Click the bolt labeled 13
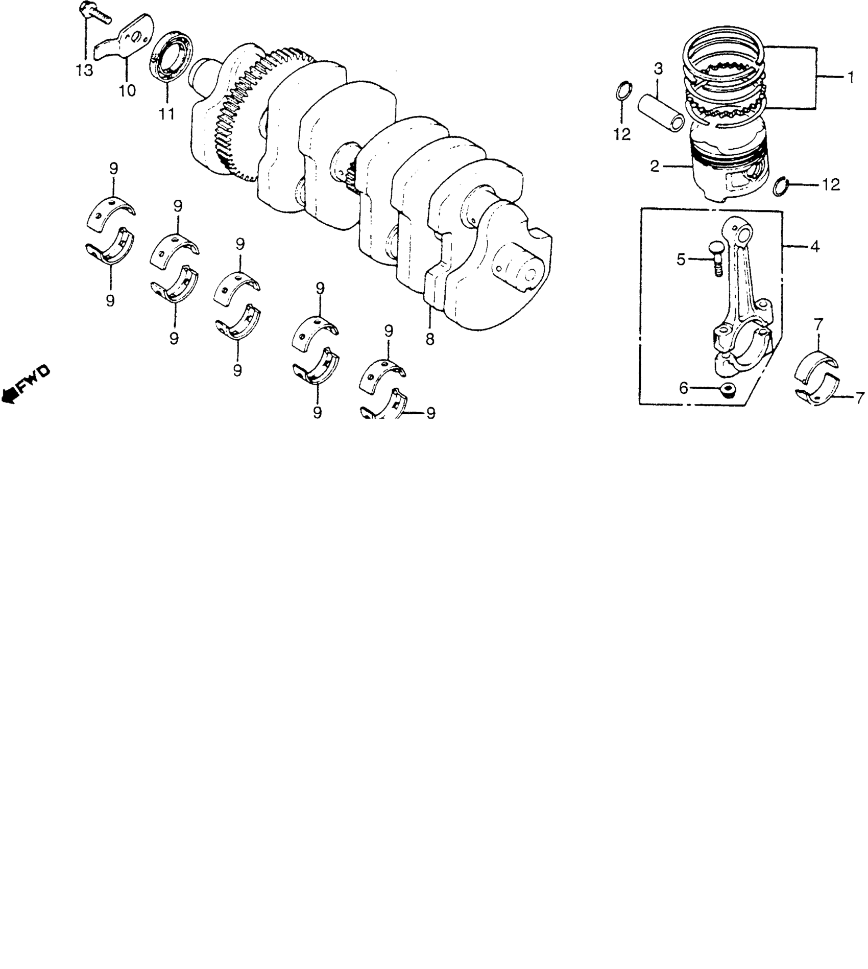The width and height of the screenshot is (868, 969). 95,14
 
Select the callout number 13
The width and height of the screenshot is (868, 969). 85,70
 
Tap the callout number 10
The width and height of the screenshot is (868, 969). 127,90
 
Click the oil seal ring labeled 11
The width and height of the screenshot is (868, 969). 172,56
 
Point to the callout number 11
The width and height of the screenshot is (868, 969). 166,113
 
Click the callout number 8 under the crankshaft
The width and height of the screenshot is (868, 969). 430,338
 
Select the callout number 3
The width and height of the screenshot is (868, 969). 659,68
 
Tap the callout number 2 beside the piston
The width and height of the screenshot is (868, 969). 655,166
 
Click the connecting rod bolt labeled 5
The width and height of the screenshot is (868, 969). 713,258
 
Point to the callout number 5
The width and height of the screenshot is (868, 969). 681,259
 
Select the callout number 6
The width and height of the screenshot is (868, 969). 683,389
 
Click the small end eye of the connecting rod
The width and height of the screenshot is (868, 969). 744,234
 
